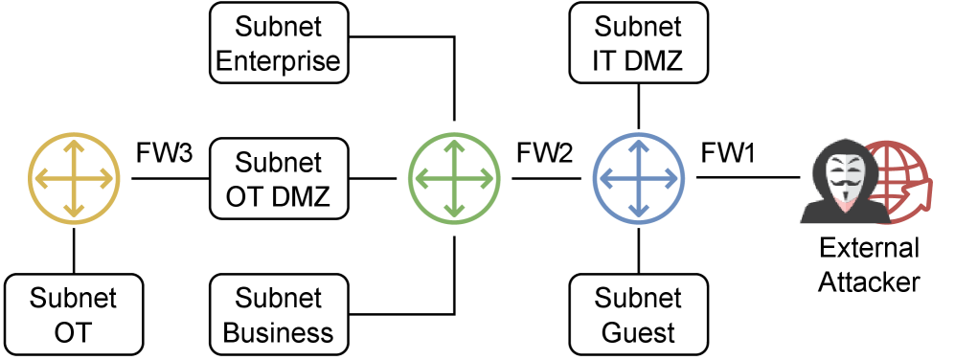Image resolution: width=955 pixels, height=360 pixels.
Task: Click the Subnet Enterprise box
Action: (278, 43)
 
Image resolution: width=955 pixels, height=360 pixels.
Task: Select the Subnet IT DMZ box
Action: (638, 43)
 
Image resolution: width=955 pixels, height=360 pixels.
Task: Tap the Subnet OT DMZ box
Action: (278, 179)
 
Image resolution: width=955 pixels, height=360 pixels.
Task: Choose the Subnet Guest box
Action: (638, 315)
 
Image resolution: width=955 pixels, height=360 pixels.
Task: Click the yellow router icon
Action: (74, 179)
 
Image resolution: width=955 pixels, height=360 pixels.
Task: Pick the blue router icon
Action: (639, 179)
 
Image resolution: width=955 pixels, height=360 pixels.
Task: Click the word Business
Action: (278, 333)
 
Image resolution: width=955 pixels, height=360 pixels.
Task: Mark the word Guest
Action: (638, 333)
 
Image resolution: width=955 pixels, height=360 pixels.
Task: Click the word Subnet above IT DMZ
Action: (638, 26)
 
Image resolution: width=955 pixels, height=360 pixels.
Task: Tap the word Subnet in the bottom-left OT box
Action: (74, 298)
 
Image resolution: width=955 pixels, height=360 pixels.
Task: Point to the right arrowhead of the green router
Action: (489, 179)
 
